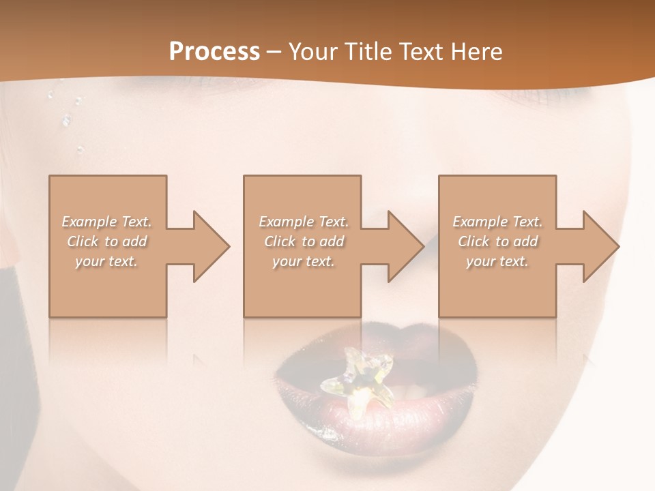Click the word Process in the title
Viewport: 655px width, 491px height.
(214, 52)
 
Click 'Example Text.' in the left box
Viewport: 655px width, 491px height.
(106, 222)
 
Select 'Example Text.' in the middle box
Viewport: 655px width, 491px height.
(303, 222)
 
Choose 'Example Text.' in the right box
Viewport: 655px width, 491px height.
(497, 222)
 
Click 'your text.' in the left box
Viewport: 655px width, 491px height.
(106, 261)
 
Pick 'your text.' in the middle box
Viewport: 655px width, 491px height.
(303, 261)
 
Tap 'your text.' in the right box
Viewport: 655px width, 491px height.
(497, 261)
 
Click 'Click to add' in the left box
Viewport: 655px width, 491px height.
(106, 241)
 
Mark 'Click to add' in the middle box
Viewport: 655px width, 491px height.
(303, 241)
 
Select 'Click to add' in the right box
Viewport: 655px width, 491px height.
(497, 241)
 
